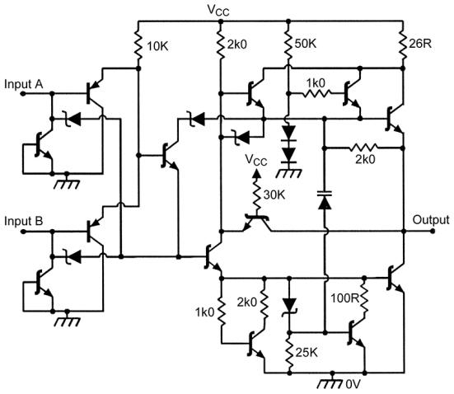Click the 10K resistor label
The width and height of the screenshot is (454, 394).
(158, 46)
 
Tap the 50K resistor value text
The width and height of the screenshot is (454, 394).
(306, 44)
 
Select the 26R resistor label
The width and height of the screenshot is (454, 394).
(420, 44)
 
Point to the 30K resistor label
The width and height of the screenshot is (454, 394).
(274, 195)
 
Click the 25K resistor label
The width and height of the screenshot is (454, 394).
(307, 353)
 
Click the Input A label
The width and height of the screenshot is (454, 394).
(23, 84)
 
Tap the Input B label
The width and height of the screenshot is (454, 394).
(23, 222)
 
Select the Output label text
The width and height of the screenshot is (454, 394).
(431, 220)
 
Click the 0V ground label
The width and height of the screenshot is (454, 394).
(353, 384)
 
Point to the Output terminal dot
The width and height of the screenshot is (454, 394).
(433, 231)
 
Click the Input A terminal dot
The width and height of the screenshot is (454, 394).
(23, 94)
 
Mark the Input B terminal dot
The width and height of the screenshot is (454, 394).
(23, 232)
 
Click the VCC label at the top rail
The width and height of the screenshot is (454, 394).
(218, 10)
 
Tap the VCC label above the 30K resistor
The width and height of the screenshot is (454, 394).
(256, 160)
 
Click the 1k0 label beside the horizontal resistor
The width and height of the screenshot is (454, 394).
(316, 83)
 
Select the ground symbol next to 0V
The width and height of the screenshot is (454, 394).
(330, 380)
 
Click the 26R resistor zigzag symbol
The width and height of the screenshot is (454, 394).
(403, 45)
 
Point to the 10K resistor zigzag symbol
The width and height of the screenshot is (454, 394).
(138, 45)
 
